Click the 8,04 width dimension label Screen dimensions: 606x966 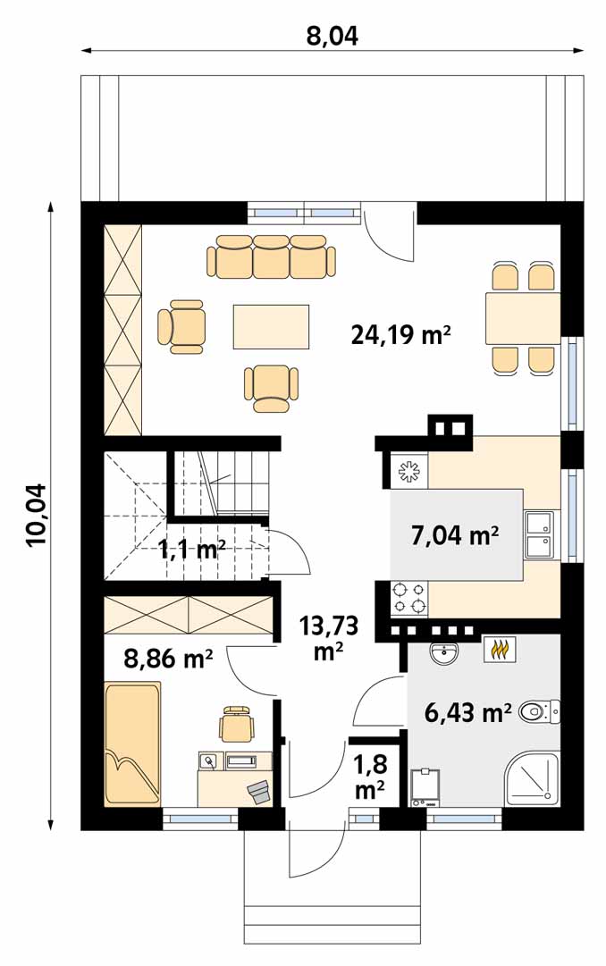[332, 37]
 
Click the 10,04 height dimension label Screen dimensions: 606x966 [37, 515]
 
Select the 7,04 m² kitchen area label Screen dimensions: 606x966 [455, 534]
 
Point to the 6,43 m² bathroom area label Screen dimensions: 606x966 [468, 712]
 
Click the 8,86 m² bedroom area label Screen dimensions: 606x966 [168, 659]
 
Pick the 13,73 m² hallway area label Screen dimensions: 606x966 [329, 637]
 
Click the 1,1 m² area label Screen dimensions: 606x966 [191, 549]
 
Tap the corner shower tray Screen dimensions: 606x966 [533, 778]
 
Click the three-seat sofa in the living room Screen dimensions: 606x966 [271, 256]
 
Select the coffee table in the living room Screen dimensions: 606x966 [271, 326]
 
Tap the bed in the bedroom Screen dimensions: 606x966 [132, 743]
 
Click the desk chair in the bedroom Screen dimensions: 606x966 [238, 724]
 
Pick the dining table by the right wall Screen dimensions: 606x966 [523, 318]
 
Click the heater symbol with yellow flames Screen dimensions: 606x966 [500, 649]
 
